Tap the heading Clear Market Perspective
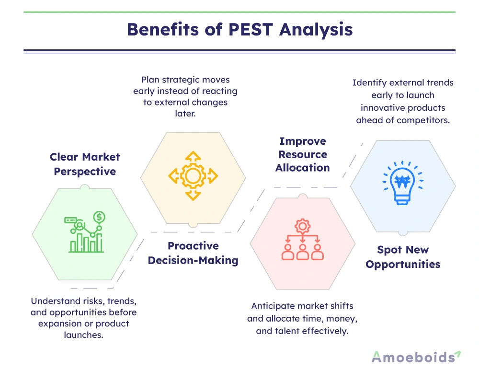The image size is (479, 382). pyautogui.click(x=85, y=164)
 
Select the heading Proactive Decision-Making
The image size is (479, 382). pyautogui.click(x=193, y=253)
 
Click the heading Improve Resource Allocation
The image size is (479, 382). pyautogui.click(x=303, y=154)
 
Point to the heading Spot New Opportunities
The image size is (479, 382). pyautogui.click(x=403, y=256)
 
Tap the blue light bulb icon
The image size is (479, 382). pyautogui.click(x=403, y=183)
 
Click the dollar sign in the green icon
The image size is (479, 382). pyautogui.click(x=99, y=218)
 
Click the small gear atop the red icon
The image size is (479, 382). pyautogui.click(x=302, y=224)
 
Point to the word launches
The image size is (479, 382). pyautogui.click(x=85, y=335)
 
